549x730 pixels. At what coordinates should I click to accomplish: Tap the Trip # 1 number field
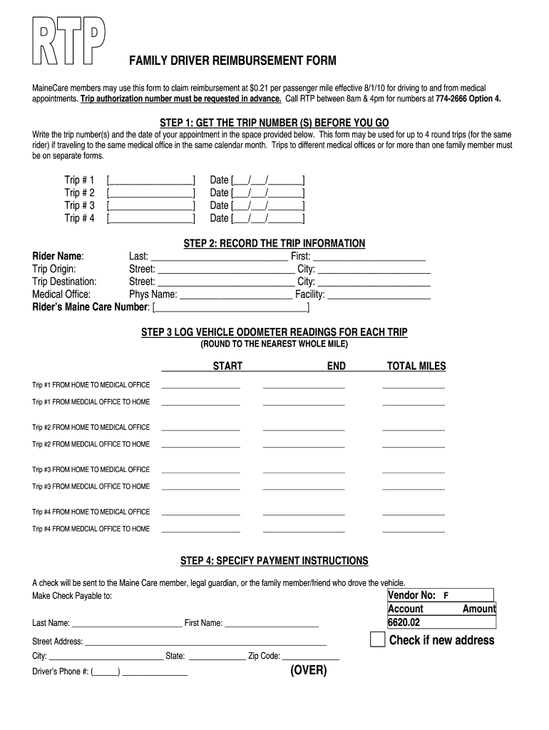(x=150, y=180)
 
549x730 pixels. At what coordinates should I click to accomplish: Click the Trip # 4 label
(x=79, y=218)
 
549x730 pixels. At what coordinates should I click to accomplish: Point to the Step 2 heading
(x=274, y=244)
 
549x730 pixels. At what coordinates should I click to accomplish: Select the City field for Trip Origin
(x=374, y=270)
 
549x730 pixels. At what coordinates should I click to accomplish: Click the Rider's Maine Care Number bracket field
(x=231, y=308)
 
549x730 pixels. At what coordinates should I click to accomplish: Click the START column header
(x=227, y=366)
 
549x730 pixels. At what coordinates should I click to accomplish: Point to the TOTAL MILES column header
(x=416, y=366)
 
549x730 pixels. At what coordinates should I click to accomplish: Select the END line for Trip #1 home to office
(x=304, y=387)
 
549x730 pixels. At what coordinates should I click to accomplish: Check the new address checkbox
(x=377, y=639)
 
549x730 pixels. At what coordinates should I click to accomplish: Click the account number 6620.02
(x=404, y=622)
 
